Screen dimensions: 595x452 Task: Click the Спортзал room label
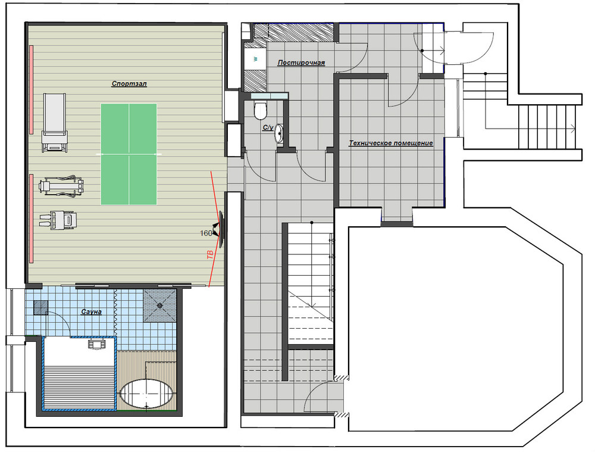click(x=129, y=83)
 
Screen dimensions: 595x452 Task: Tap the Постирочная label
click(x=301, y=63)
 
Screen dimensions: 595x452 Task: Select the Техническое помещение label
click(x=391, y=143)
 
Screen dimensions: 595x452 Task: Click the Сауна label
click(x=92, y=312)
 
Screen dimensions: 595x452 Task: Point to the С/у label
click(x=268, y=128)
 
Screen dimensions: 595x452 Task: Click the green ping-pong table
click(x=129, y=154)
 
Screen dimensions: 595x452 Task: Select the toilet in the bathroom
click(x=261, y=108)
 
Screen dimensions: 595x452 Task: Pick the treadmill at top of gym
click(x=55, y=123)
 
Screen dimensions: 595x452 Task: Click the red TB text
click(x=210, y=255)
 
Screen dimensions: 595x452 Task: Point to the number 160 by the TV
click(x=206, y=233)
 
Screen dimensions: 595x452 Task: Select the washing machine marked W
click(x=255, y=59)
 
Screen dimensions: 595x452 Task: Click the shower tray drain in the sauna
click(x=160, y=305)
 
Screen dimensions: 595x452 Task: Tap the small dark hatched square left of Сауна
click(x=40, y=307)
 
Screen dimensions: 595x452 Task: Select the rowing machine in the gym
click(x=61, y=186)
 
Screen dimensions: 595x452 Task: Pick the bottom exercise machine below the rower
click(x=58, y=221)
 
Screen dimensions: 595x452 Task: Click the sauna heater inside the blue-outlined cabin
click(x=96, y=344)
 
